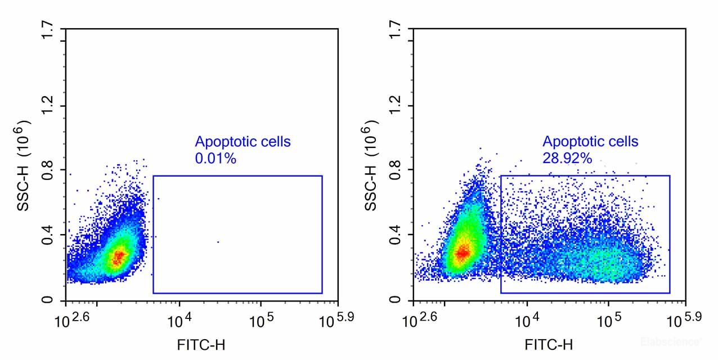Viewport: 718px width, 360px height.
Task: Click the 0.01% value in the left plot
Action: (x=215, y=159)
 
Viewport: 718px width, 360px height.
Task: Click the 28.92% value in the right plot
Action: (x=567, y=159)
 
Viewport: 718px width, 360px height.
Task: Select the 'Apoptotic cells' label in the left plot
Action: (x=243, y=142)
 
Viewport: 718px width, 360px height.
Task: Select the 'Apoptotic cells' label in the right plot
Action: (x=590, y=142)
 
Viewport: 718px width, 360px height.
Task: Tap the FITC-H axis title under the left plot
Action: (x=201, y=344)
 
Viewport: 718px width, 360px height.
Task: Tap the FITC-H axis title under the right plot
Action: (x=549, y=344)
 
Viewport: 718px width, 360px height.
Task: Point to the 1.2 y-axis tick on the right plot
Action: (x=397, y=106)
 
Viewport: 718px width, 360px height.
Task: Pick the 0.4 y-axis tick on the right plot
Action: (x=397, y=234)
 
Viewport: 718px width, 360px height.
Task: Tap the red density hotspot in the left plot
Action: (x=118, y=258)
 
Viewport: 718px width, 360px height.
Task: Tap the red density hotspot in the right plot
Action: (x=463, y=253)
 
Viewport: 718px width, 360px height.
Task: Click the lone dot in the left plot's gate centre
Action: (x=218, y=242)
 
